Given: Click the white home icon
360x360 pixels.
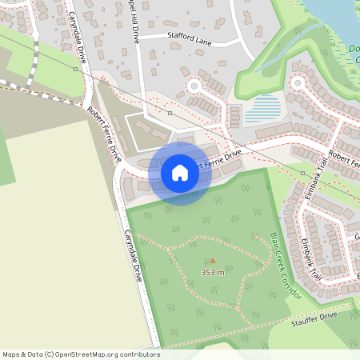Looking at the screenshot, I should coord(180,173).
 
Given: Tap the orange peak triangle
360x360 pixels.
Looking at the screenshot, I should coord(212,261).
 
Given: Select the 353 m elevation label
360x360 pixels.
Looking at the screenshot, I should coord(212,273).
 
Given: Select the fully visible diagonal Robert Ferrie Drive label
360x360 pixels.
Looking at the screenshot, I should coord(104,133).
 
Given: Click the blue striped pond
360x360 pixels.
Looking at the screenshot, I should coord(262,109).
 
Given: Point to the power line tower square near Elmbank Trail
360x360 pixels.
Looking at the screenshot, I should coord(302,172).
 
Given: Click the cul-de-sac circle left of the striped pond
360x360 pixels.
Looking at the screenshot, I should coord(193,85).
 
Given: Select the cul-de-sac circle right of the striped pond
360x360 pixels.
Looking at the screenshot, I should coord(298,82).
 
